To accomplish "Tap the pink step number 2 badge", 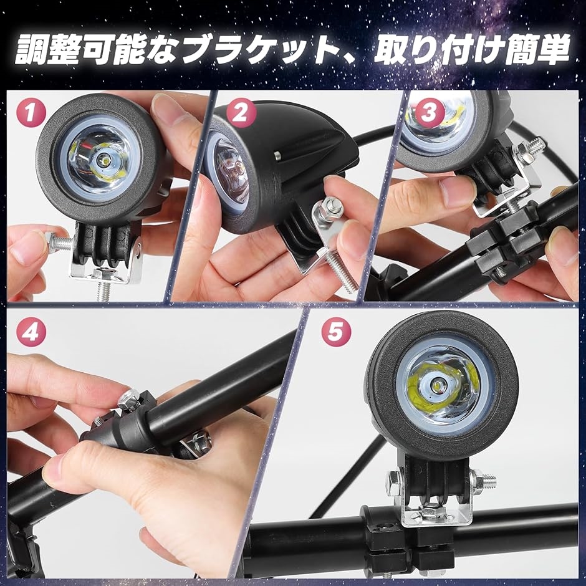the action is (x=241, y=112).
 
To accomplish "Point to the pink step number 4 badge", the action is (x=31, y=332).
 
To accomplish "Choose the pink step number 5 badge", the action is (x=337, y=332).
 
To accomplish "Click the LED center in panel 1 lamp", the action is (x=102, y=161).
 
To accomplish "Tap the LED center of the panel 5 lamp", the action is (x=436, y=385).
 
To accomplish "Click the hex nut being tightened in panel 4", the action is (x=129, y=400).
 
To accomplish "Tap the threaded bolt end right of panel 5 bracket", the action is (x=485, y=481).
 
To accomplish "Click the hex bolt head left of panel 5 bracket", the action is (x=393, y=483).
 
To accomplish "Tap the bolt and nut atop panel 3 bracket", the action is (x=530, y=148).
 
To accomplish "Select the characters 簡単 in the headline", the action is (x=537, y=49).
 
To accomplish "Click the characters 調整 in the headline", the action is (x=47, y=49).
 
